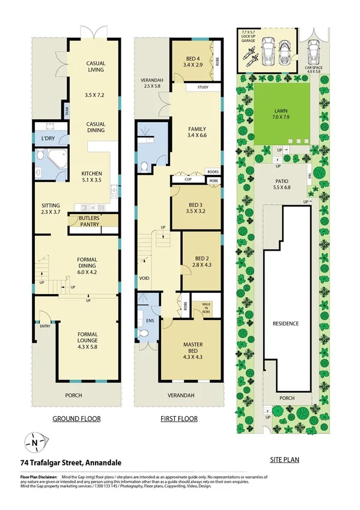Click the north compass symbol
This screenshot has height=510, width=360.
coord(34,443)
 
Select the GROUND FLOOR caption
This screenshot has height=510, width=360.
coord(76,419)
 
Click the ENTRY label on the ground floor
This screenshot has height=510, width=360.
coord(45,327)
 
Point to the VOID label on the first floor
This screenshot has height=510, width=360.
coord(144,278)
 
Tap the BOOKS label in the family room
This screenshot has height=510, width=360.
coord(213,172)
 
